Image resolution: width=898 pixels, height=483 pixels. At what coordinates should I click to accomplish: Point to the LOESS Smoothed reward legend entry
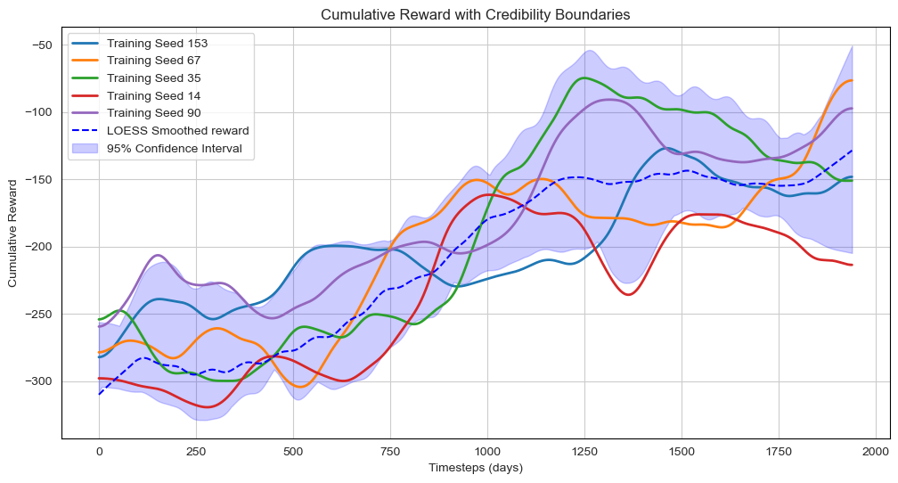tap(177, 130)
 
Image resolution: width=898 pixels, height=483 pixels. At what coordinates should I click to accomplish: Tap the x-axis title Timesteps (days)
tap(477, 468)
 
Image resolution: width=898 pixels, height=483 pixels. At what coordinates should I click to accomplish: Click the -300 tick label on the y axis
tap(38, 381)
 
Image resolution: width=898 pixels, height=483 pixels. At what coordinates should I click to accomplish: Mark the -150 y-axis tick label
tap(38, 180)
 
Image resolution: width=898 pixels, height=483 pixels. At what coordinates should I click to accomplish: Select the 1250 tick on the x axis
tap(584, 450)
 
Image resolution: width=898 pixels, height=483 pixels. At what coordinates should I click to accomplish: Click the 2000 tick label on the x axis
tap(876, 450)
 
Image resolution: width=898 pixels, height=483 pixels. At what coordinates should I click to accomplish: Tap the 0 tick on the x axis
tap(99, 450)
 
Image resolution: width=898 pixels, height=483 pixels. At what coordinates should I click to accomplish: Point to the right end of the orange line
tap(852, 81)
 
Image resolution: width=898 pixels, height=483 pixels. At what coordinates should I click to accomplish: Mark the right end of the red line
tap(852, 265)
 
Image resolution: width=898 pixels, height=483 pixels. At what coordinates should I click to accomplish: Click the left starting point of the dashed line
tap(99, 394)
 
